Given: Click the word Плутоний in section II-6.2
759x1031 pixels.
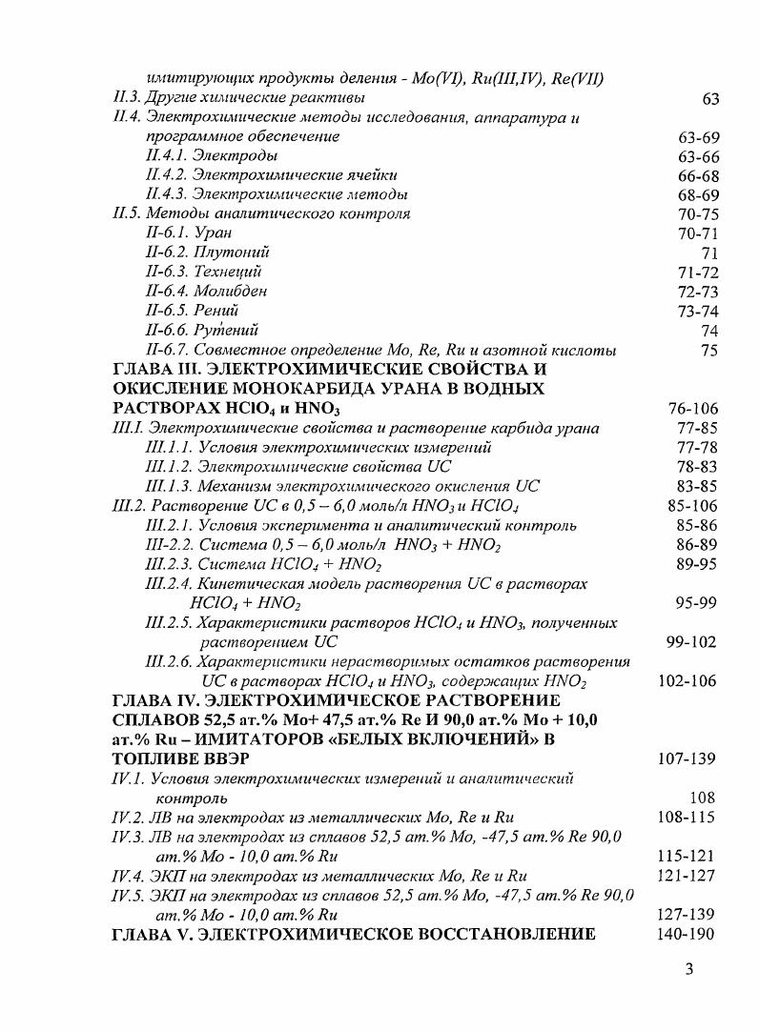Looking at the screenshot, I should tap(232, 253).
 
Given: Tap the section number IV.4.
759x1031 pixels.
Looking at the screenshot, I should tap(129, 876).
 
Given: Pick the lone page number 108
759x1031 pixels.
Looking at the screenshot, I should tap(702, 798).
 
